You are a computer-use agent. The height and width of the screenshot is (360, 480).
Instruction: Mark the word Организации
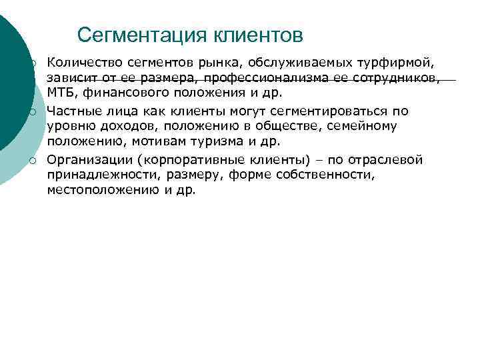86,159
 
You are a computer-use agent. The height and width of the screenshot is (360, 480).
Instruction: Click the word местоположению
96,190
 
